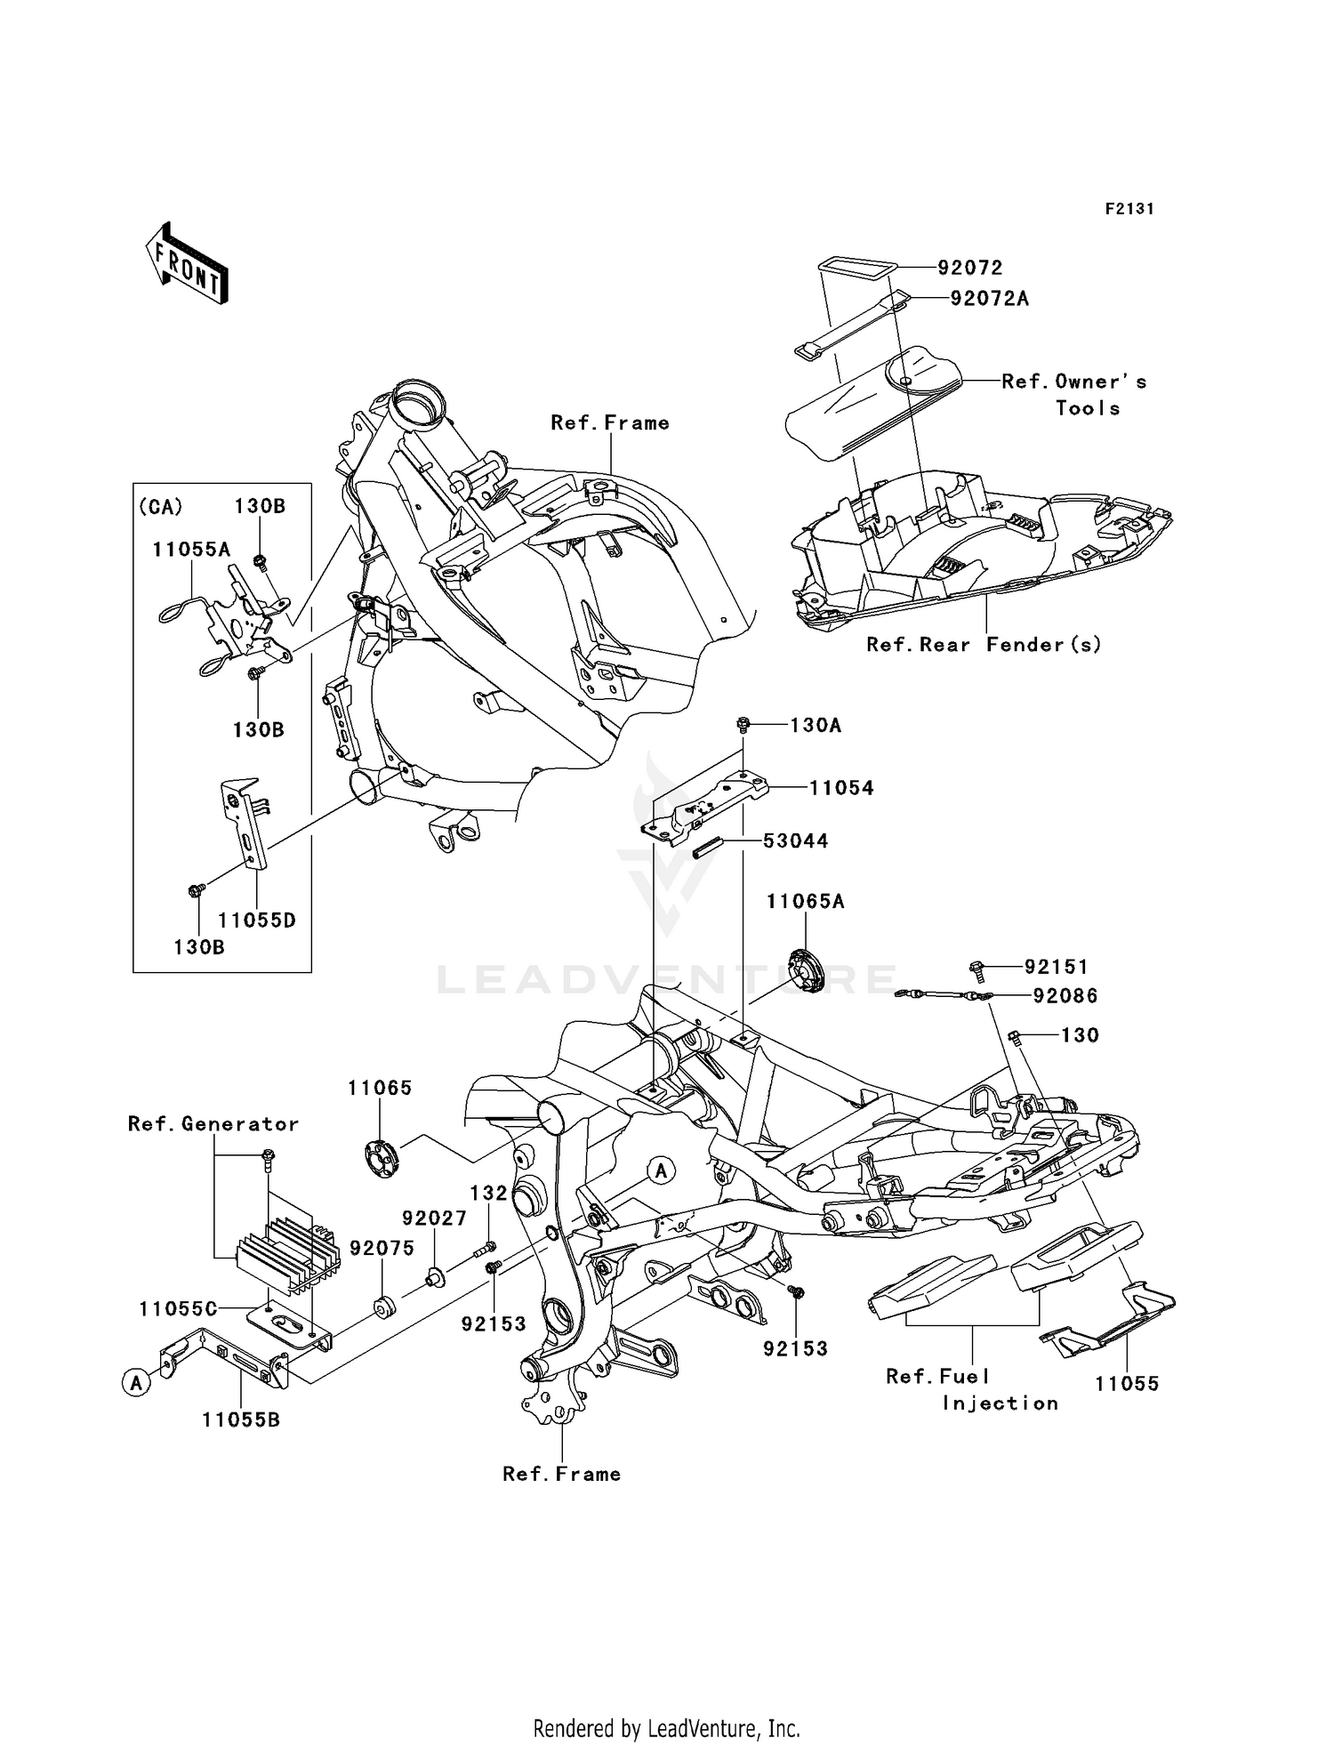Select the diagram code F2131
click(x=1129, y=209)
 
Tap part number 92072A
click(x=989, y=299)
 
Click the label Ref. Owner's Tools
click(x=1073, y=394)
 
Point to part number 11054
click(x=840, y=788)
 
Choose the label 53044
click(x=795, y=841)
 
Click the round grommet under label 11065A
click(x=807, y=970)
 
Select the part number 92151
click(x=1056, y=967)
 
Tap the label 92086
click(x=1065, y=996)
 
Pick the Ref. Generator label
click(x=213, y=1124)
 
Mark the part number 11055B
click(x=241, y=1420)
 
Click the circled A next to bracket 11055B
click(x=136, y=1383)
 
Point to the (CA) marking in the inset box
click(x=161, y=507)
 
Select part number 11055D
click(x=257, y=921)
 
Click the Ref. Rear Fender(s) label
click(x=984, y=645)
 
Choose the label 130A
click(x=815, y=726)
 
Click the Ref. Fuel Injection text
click(x=971, y=1389)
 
